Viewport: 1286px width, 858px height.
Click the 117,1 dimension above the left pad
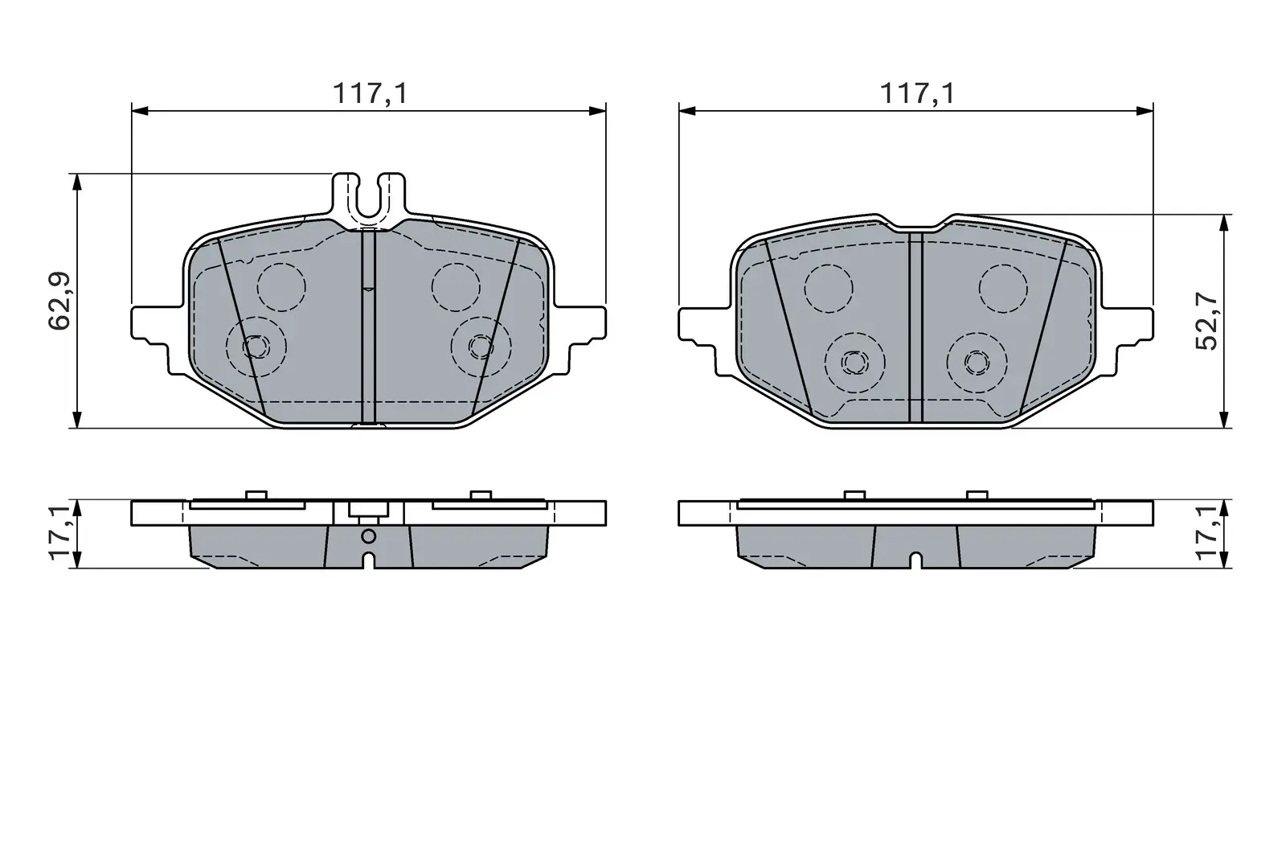click(371, 93)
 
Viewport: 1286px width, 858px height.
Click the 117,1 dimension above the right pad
click(917, 93)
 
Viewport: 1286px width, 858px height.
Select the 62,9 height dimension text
click(59, 301)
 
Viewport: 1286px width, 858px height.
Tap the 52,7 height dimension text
click(1206, 321)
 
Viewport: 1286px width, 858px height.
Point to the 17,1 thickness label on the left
click(59, 533)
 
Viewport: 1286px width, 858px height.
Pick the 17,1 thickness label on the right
click(1206, 533)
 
